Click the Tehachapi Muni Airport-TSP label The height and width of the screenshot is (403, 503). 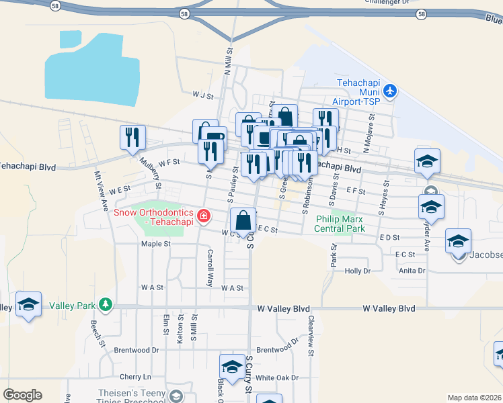click(x=358, y=92)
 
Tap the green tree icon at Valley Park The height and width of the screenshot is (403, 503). click(x=105, y=306)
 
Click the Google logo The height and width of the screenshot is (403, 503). click(x=22, y=395)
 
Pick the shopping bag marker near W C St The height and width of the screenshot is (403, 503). click(x=243, y=220)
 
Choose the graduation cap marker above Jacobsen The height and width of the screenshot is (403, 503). click(x=458, y=240)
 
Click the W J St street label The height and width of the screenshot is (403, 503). click(x=202, y=95)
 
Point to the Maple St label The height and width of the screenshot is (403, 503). click(x=155, y=244)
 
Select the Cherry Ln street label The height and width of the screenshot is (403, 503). click(x=135, y=377)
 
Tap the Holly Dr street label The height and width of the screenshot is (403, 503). click(x=357, y=271)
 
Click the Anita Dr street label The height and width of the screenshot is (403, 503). click(x=412, y=271)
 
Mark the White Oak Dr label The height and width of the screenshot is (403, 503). click(x=276, y=378)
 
